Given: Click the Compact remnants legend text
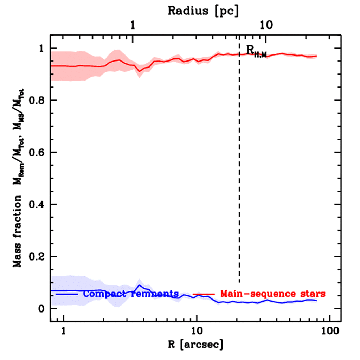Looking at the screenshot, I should (131, 293).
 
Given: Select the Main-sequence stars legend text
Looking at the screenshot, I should (272, 293).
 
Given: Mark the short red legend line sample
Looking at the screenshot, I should (204, 293).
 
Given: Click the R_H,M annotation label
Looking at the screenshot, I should (256, 51).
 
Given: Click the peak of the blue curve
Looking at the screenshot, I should (140, 285).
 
